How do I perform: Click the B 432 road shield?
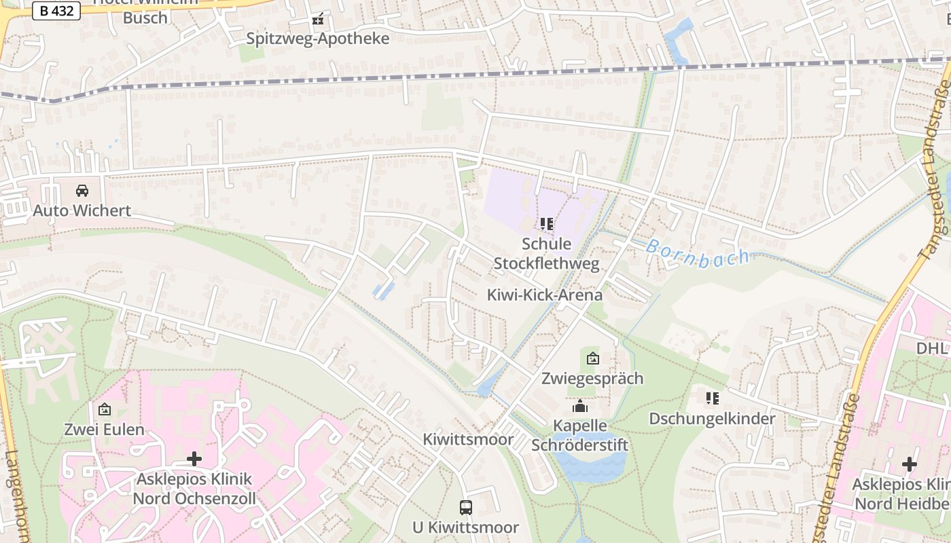[56, 11]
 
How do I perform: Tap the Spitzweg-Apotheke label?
[317, 39]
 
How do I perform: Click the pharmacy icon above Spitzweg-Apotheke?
[317, 20]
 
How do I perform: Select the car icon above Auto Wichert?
[82, 191]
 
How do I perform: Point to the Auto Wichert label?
[82, 210]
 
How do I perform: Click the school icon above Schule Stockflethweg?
[547, 224]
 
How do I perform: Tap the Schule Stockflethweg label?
[547, 253]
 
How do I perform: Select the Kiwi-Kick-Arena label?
[545, 295]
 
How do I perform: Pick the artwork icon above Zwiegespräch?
[593, 358]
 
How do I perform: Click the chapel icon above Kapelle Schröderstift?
[580, 407]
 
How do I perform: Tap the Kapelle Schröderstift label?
[579, 435]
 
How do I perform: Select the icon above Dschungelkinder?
[712, 398]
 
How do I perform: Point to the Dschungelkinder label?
[712, 418]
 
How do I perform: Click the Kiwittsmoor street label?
[469, 439]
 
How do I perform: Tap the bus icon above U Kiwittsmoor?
[466, 507]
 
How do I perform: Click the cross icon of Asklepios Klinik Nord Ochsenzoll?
[194, 459]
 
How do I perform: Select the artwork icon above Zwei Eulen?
[105, 409]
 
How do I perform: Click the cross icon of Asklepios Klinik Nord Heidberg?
[910, 464]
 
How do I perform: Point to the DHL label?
[932, 348]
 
